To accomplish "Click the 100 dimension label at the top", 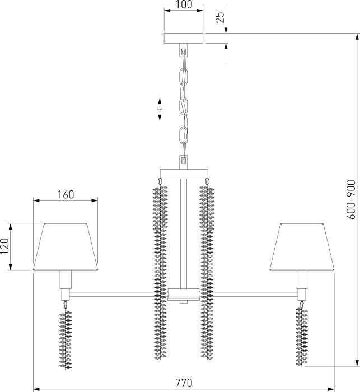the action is click(184, 4).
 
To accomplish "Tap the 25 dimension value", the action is click(220, 17).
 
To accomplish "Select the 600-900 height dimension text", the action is click(350, 199).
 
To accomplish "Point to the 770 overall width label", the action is click(184, 382).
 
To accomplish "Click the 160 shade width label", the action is click(66, 194).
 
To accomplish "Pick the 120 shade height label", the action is click(4, 246).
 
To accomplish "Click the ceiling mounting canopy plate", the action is click(184, 38).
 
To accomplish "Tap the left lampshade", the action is click(66, 247).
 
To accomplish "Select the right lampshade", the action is click(302, 247).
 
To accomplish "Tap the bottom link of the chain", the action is click(184, 136).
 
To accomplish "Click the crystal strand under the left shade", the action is click(66, 336).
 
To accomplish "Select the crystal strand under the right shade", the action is click(302, 334).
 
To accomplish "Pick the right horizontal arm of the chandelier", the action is click(255, 294).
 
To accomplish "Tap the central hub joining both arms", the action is click(184, 294).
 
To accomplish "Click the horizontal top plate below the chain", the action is click(184, 174).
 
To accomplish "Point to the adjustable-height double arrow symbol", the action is click(160, 109).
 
